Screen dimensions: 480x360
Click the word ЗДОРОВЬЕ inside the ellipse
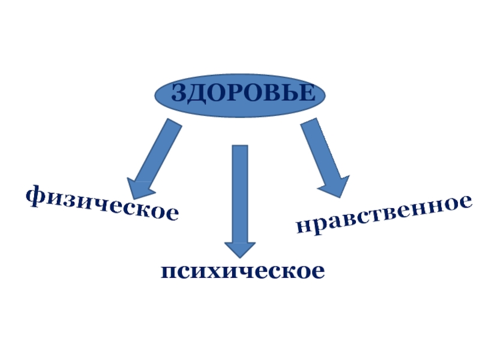point(243,94)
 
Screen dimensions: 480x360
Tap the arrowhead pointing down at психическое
point(239,249)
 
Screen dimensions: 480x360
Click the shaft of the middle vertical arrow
point(239,192)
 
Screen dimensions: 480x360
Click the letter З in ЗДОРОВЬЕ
point(179,94)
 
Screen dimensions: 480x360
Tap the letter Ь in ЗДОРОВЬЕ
point(290,94)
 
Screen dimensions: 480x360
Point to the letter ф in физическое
point(34,194)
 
